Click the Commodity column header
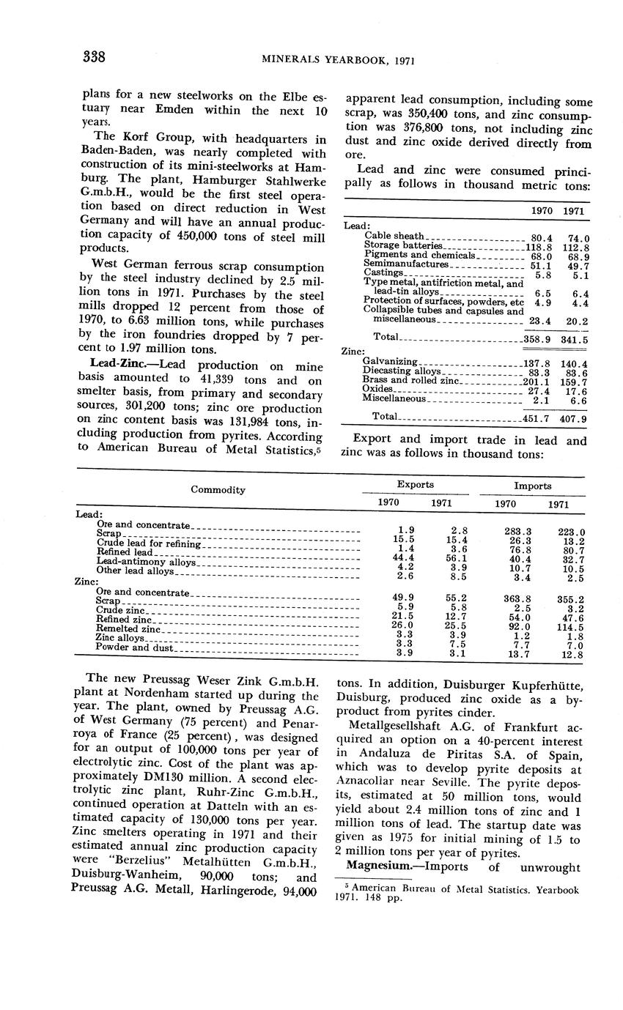click(x=218, y=490)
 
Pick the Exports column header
click(x=415, y=485)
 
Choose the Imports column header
click(x=532, y=486)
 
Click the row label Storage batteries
click(x=403, y=246)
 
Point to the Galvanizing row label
click(x=390, y=362)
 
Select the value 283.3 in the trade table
click(x=517, y=531)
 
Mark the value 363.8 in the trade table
click(x=517, y=598)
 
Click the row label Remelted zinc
click(x=128, y=629)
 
